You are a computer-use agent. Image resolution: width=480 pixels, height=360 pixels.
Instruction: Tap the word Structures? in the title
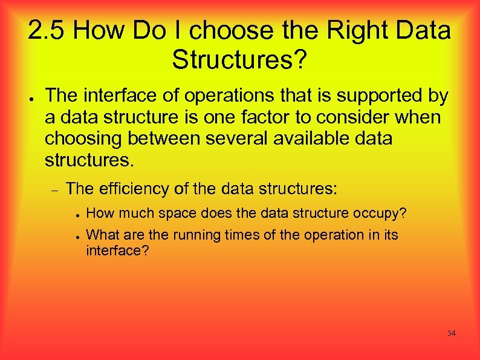240,59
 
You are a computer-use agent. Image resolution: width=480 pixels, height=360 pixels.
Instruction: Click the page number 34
451,333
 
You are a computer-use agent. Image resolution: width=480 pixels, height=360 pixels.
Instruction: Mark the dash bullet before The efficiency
53,190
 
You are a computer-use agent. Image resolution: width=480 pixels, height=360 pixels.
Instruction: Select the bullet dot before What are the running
78,236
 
